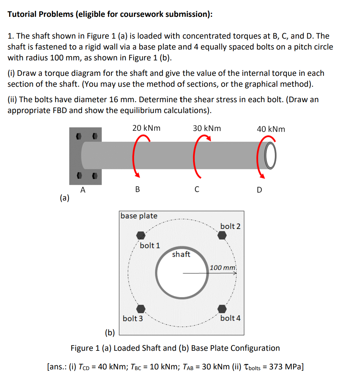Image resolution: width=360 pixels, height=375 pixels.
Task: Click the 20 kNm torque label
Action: [x=146, y=128]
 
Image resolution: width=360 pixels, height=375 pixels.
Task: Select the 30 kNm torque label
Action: [x=207, y=128]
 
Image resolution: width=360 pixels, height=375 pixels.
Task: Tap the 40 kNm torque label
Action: [x=271, y=129]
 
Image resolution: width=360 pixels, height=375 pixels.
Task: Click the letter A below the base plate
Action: [x=83, y=190]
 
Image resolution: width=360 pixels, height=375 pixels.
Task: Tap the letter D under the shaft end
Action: [x=259, y=190]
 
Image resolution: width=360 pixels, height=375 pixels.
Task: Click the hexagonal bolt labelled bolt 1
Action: [x=141, y=235]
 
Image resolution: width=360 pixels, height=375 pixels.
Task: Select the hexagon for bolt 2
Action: [x=222, y=235]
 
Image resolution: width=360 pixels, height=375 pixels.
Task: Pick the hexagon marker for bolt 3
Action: [x=141, y=309]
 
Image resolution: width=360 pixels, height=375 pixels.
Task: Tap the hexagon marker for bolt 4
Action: [x=222, y=309]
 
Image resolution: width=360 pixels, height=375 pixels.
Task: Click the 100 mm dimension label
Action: [x=223, y=268]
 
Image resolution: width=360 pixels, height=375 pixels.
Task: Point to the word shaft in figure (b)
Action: [x=181, y=254]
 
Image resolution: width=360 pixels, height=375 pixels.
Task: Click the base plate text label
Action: [x=139, y=216]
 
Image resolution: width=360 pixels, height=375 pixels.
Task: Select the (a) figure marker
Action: [x=65, y=198]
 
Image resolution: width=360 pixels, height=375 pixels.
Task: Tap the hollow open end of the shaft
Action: [x=269, y=156]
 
